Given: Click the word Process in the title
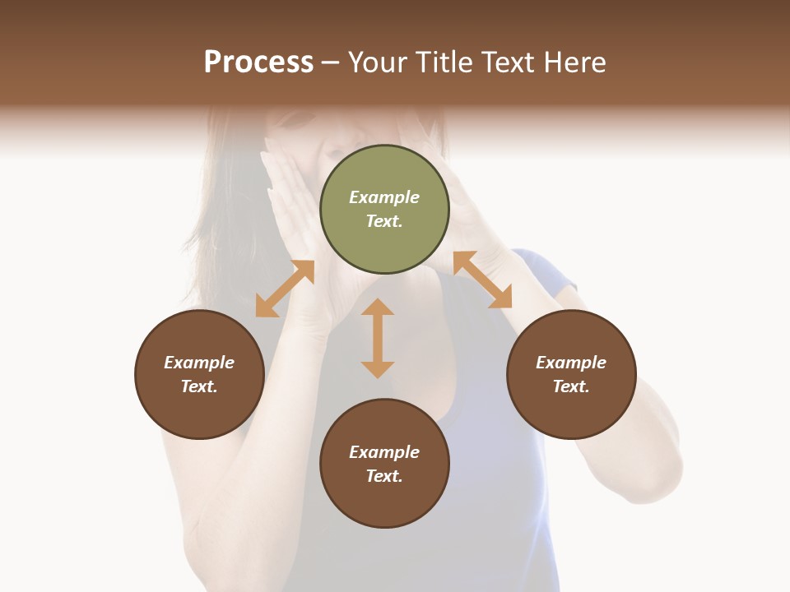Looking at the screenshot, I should [258, 62].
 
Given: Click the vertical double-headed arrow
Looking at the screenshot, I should [378, 338].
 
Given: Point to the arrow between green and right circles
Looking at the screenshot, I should [482, 280].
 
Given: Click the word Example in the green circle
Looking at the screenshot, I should [384, 197].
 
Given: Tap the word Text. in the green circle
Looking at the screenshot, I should [384, 221].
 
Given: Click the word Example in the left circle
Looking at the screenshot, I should [199, 363].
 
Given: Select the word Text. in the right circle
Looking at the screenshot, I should [571, 386].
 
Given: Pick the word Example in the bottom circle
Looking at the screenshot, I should [384, 452].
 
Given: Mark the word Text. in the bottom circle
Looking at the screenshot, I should [384, 476].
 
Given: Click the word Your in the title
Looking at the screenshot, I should [379, 62].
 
